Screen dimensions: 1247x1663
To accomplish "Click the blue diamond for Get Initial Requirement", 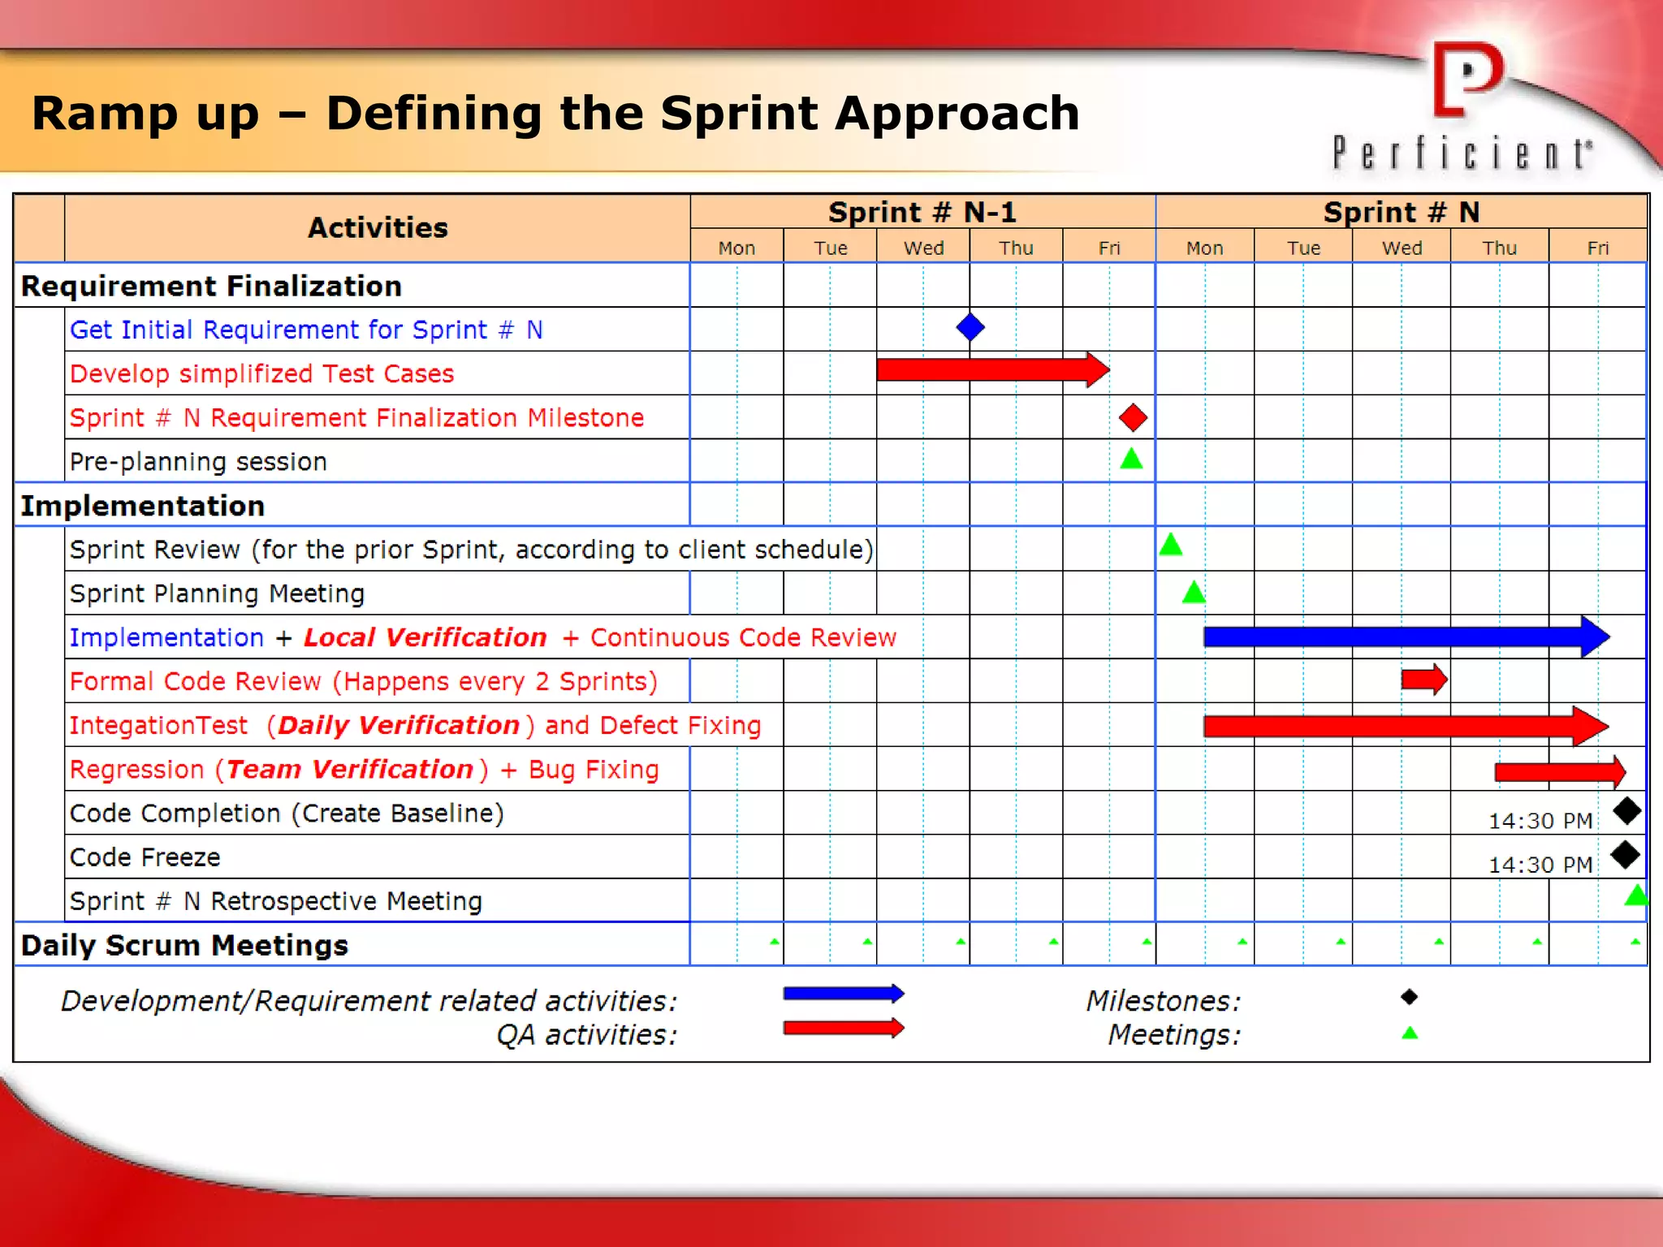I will [x=970, y=327].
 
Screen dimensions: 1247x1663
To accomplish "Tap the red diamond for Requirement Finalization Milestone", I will [x=1133, y=417].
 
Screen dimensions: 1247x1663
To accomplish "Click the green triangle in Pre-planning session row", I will [x=1131, y=460].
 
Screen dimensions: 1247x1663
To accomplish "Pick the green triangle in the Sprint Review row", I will [x=1170, y=545].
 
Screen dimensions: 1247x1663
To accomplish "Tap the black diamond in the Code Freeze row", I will [x=1625, y=854].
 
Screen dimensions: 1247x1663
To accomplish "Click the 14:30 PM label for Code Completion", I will [x=1540, y=821].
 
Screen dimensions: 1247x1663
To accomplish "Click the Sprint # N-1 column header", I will [x=922, y=213].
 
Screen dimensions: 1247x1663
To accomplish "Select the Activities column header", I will [x=378, y=227].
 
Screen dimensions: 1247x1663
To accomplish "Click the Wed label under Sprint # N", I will [x=1402, y=248].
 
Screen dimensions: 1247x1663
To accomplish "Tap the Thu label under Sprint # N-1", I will [x=1016, y=248].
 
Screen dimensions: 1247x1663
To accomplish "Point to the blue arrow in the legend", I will [x=843, y=994].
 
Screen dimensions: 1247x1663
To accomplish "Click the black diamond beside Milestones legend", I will [x=1409, y=996].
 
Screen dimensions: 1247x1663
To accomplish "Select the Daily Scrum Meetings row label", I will [x=184, y=945].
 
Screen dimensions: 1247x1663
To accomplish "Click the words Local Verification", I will [x=425, y=637].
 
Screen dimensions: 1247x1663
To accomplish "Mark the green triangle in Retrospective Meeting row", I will [x=1635, y=896].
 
